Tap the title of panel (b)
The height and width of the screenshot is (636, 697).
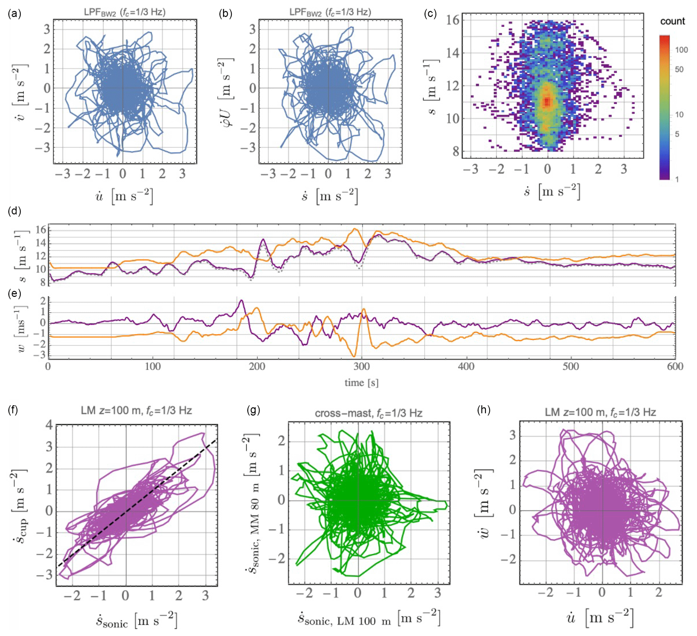click(330, 12)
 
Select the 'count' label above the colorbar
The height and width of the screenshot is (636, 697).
click(672, 22)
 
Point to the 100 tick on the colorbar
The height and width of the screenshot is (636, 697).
click(681, 50)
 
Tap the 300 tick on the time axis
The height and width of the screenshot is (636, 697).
click(361, 366)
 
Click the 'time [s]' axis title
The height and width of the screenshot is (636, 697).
click(361, 383)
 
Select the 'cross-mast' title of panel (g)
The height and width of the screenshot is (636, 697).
click(369, 413)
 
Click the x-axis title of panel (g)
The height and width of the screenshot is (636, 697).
click(369, 618)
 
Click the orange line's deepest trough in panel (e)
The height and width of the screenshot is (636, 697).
click(354, 356)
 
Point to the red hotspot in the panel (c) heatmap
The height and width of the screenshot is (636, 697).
click(547, 101)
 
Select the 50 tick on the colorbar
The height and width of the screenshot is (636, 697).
click(679, 70)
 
